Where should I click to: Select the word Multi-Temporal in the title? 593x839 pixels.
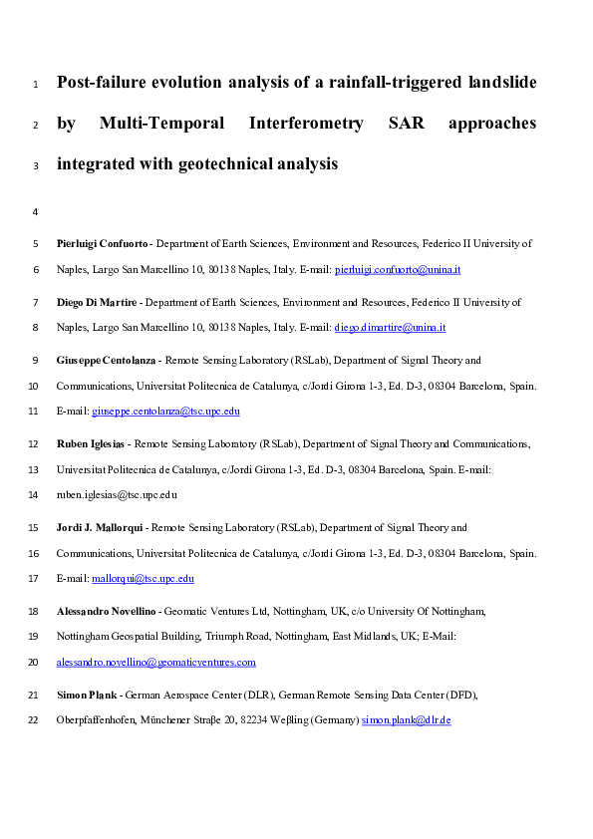[x=160, y=124]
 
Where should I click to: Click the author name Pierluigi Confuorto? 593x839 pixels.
[x=103, y=243]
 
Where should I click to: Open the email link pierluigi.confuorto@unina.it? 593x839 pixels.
[x=398, y=270]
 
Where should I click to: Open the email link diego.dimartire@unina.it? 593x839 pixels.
[x=390, y=328]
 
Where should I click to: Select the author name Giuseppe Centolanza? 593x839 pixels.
[x=105, y=361]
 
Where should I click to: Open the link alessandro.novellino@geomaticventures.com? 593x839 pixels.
[x=156, y=662]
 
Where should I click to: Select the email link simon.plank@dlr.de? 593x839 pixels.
[x=407, y=719]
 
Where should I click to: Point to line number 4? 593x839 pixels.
[x=36, y=212]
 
